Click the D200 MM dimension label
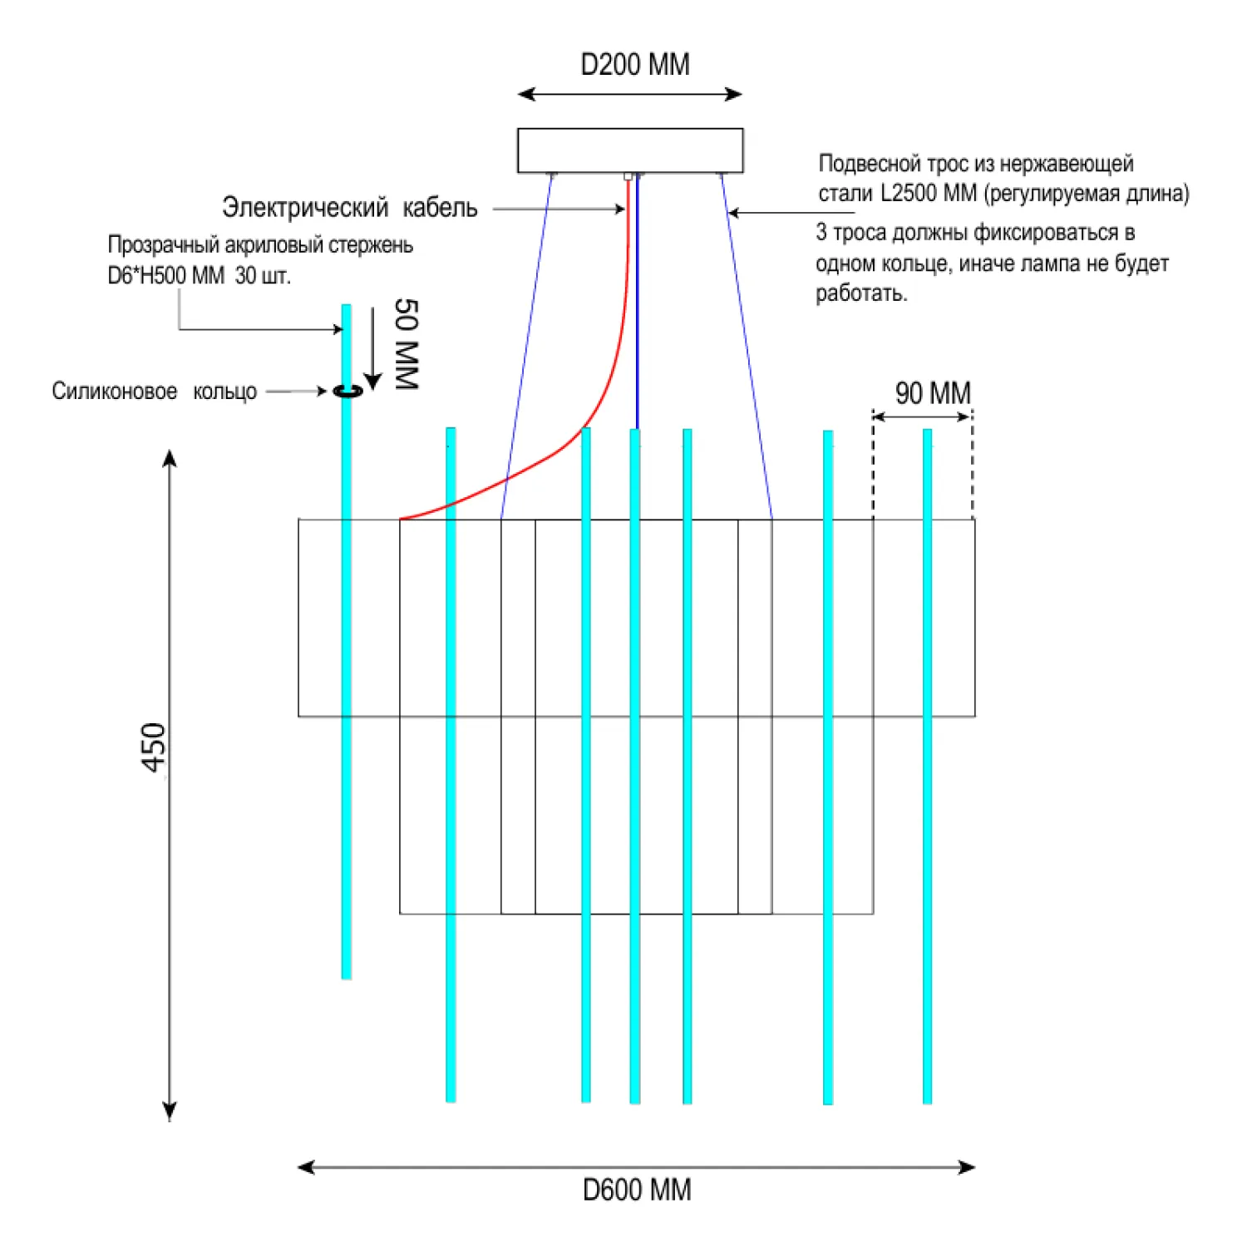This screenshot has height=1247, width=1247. [x=634, y=65]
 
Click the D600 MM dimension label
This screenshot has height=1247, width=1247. [x=637, y=1190]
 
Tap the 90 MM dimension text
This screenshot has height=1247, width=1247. [x=933, y=393]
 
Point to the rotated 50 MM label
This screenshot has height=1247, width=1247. [x=406, y=344]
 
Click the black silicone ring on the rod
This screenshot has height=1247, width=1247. [x=347, y=391]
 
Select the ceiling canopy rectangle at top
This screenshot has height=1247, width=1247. [x=630, y=150]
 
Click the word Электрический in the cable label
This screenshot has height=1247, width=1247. [x=305, y=208]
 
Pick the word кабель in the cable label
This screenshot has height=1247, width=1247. [x=440, y=208]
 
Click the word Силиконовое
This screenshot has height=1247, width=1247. [x=114, y=392]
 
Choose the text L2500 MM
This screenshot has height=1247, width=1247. [x=929, y=194]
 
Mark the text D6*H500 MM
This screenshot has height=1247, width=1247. [x=166, y=276]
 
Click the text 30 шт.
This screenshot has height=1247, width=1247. [x=263, y=276]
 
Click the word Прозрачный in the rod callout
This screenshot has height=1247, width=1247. [x=164, y=245]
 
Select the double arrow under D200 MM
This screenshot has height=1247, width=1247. [x=629, y=95]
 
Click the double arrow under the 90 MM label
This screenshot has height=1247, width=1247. [x=922, y=416]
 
